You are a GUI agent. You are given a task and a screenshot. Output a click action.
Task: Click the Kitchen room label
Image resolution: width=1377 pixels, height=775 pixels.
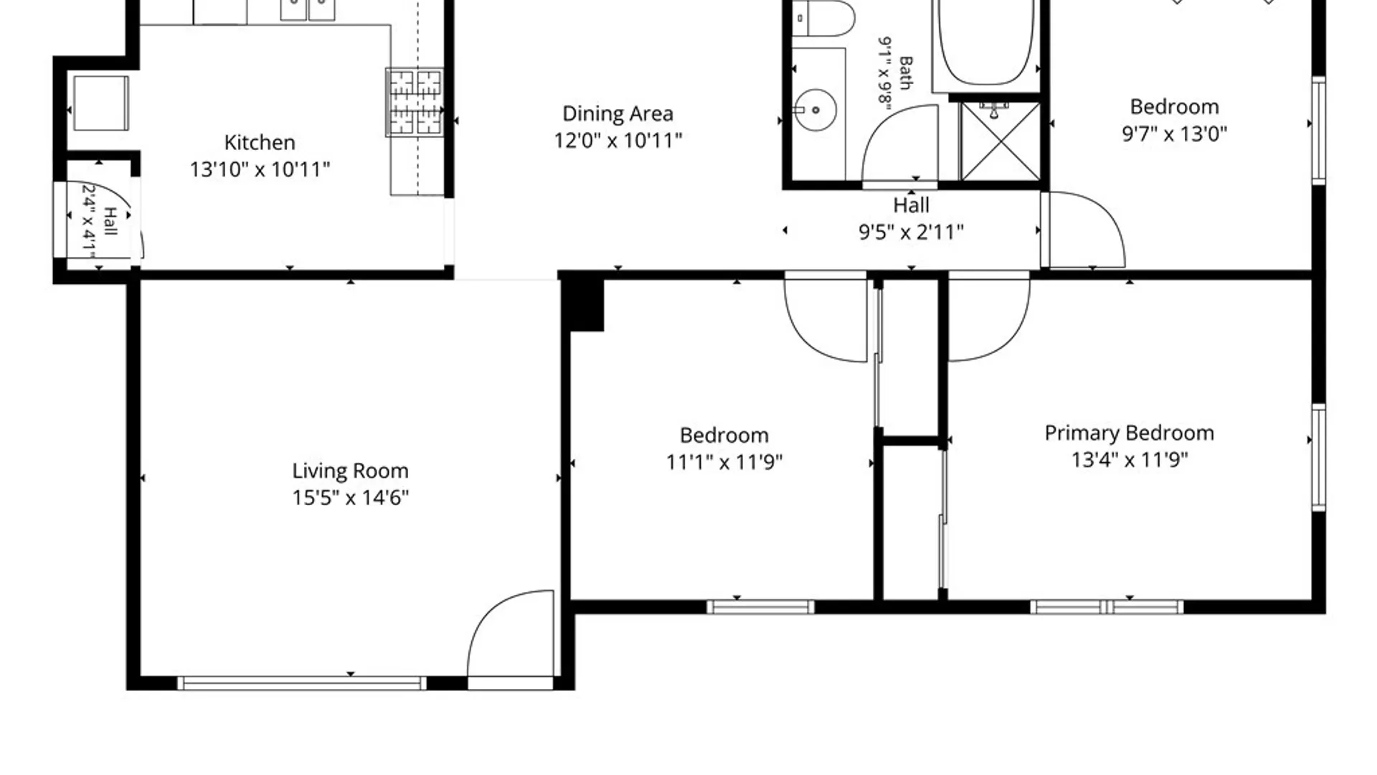pos(260,142)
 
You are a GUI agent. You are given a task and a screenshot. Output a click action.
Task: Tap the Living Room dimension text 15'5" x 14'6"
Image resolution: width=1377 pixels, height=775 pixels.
pos(350,497)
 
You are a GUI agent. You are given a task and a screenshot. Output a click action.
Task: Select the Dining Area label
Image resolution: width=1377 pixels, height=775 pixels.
pos(617,113)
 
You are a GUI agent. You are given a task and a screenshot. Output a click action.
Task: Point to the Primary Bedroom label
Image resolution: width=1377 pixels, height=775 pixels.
pos(1129,433)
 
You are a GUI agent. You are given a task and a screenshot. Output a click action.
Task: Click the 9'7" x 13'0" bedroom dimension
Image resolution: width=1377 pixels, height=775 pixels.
pos(1174,133)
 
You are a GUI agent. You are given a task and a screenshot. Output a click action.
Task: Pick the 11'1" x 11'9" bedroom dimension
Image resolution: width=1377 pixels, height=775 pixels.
pos(724,461)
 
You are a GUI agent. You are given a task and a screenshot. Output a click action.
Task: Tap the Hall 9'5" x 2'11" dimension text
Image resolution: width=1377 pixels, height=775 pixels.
pos(911,232)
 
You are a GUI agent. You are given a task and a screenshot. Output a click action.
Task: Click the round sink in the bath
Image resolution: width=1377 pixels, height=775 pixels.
pos(815,110)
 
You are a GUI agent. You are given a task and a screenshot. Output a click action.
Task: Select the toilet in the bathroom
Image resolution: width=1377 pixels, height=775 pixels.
pos(823,18)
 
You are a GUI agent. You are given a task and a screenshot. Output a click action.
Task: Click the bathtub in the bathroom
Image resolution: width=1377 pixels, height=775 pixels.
pos(986,43)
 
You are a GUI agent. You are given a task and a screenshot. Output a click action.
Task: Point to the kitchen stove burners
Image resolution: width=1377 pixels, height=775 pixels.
pos(415,102)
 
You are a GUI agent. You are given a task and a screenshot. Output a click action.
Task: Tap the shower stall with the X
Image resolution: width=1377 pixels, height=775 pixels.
pos(1000,141)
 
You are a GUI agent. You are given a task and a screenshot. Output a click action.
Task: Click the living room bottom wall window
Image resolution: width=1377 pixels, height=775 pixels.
pos(301,683)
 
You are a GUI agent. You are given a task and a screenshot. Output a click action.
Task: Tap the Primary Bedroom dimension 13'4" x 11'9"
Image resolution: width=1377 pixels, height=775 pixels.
pos(1129,460)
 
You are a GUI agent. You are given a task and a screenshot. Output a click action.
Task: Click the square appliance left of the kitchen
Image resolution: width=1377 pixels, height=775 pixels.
pos(101,103)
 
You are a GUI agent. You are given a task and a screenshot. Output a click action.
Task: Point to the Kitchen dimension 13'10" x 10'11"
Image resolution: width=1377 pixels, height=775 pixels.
pos(260,169)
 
